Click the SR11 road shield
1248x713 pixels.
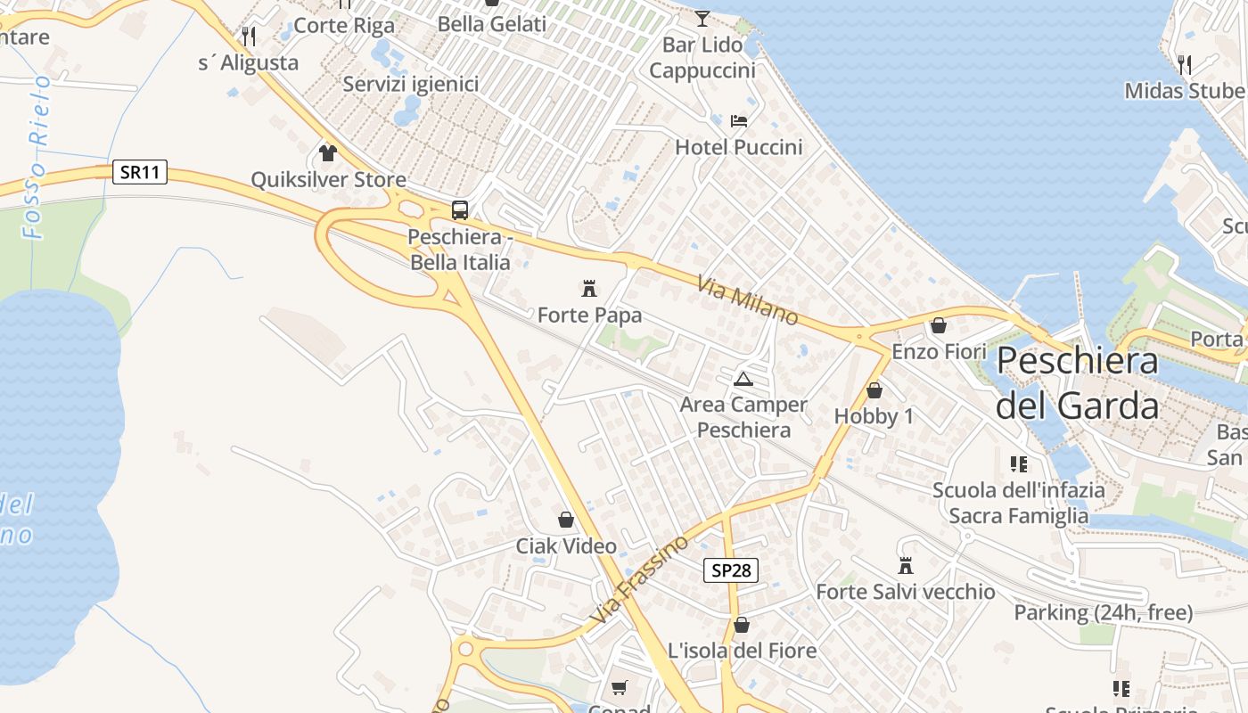(141, 172)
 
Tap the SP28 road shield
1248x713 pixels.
(731, 570)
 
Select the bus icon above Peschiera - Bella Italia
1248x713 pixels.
(460, 210)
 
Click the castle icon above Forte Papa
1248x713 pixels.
(588, 288)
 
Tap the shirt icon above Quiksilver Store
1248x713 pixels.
(328, 152)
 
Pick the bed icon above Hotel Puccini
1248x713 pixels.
(738, 120)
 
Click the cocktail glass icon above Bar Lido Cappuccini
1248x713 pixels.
(702, 18)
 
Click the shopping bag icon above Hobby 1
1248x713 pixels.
(874, 390)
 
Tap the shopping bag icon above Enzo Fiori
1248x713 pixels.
(938, 325)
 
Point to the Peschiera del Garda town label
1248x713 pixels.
(1077, 383)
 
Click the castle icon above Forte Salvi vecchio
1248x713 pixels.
(906, 565)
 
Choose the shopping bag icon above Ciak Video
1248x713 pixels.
(566, 519)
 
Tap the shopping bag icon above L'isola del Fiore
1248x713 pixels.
(742, 625)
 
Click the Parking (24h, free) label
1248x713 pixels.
(1103, 612)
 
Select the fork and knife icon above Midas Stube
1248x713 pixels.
(1184, 64)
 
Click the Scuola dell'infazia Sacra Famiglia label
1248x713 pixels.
(1018, 503)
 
